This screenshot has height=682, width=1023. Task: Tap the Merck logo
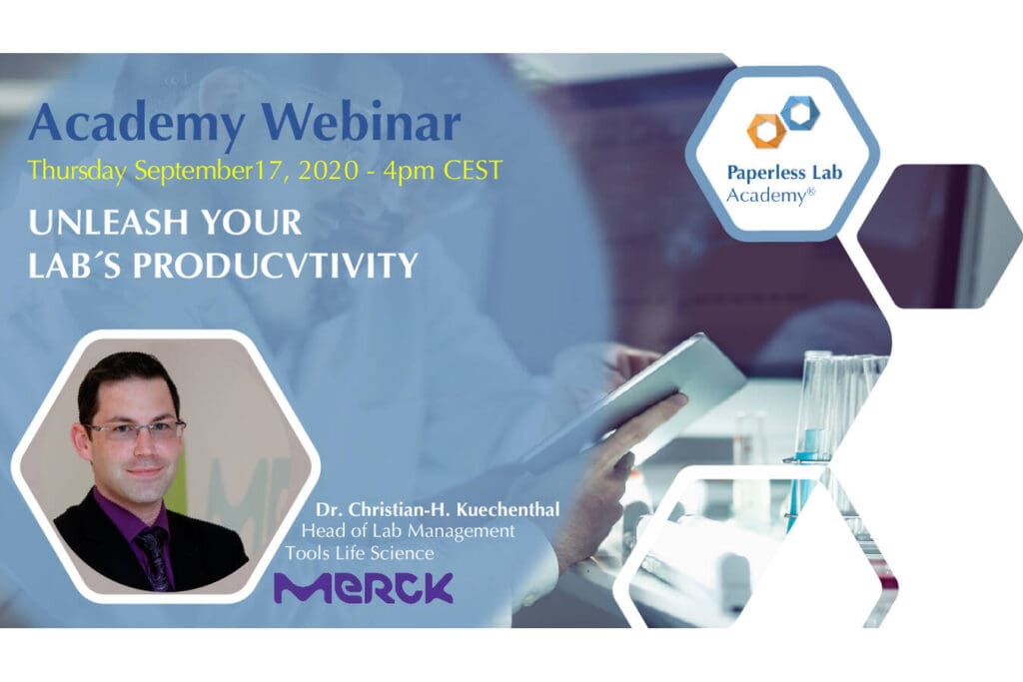[x=364, y=588]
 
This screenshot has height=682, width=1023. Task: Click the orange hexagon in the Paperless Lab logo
[x=766, y=131]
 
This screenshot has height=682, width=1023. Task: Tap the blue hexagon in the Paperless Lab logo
[x=798, y=113]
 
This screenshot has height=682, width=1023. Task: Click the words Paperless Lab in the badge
[x=784, y=173]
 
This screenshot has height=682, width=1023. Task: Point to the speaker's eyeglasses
[x=135, y=429]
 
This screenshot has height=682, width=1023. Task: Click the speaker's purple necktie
[x=154, y=555]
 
